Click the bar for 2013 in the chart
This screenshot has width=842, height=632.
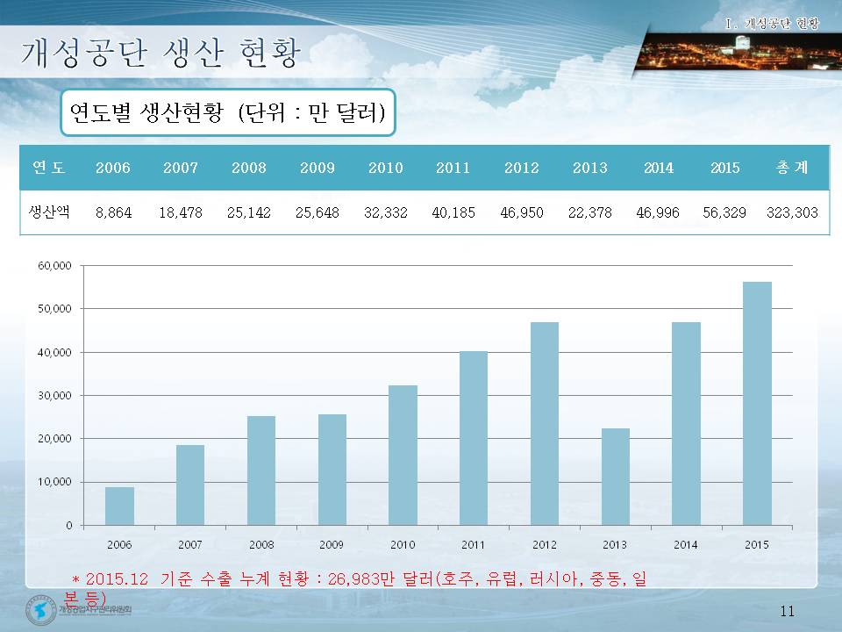[x=616, y=477]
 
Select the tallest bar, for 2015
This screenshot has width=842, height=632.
[x=758, y=404]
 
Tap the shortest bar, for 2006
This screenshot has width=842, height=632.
[x=119, y=506]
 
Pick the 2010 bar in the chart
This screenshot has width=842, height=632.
[x=403, y=455]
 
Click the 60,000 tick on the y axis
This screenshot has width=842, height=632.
[x=56, y=266]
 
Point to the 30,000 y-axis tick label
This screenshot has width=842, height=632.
[x=56, y=396]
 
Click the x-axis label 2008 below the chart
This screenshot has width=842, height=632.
[x=261, y=545]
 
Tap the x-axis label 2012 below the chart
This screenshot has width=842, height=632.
[x=545, y=545]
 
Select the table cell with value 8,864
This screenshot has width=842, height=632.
[x=113, y=212]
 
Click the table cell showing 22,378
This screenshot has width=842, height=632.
[x=590, y=212]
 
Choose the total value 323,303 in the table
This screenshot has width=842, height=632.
[x=792, y=212]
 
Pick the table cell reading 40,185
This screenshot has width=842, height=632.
[x=453, y=212]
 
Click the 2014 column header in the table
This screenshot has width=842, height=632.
[x=659, y=168]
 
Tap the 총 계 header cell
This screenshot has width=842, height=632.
[x=792, y=168]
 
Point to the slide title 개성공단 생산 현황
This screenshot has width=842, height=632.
[x=160, y=54]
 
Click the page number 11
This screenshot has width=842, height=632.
[x=786, y=612]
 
